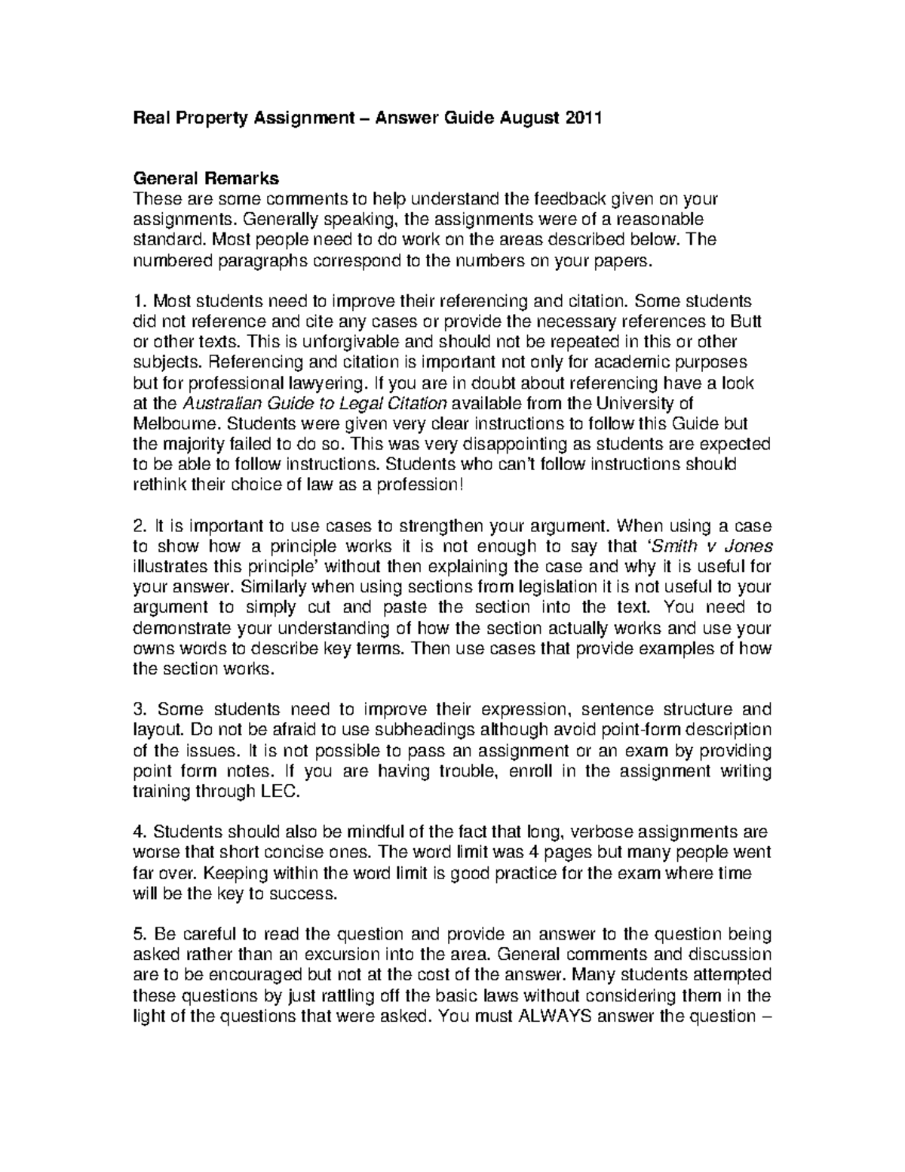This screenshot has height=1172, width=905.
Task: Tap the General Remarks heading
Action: pos(206,179)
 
